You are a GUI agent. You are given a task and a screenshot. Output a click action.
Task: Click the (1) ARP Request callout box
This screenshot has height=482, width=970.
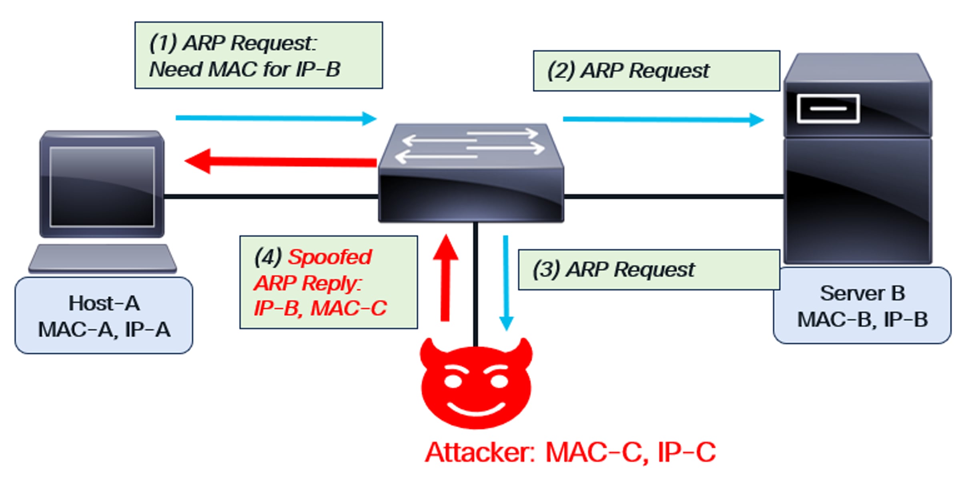[x=259, y=55]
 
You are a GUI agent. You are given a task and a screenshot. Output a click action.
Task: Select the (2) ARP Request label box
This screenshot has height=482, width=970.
[x=656, y=71]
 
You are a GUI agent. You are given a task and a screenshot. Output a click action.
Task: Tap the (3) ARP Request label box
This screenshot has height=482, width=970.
[x=648, y=269]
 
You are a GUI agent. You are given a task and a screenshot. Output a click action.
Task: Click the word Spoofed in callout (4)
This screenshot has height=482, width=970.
[x=330, y=257]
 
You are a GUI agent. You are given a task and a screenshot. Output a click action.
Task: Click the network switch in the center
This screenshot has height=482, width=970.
[x=471, y=176]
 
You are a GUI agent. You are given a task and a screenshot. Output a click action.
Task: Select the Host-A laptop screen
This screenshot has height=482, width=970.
[x=102, y=186]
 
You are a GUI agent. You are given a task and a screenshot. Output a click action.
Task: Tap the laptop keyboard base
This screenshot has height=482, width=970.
[x=102, y=259]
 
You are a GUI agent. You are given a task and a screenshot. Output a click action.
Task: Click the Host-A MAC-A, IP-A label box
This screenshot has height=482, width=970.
[x=104, y=316]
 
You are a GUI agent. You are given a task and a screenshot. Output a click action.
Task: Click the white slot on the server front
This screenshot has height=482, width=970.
[x=828, y=108]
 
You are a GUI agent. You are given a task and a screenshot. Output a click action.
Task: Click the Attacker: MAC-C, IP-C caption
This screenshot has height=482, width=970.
[x=570, y=453]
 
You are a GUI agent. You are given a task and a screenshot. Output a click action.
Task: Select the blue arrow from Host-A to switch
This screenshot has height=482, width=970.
[x=276, y=118]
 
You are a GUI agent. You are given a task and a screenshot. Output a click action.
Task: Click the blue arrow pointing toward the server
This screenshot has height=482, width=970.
[x=663, y=119]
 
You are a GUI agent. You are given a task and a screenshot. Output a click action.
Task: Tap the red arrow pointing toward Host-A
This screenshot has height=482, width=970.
[x=280, y=161]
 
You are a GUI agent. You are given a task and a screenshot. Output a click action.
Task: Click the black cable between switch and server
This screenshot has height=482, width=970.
[x=672, y=197]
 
